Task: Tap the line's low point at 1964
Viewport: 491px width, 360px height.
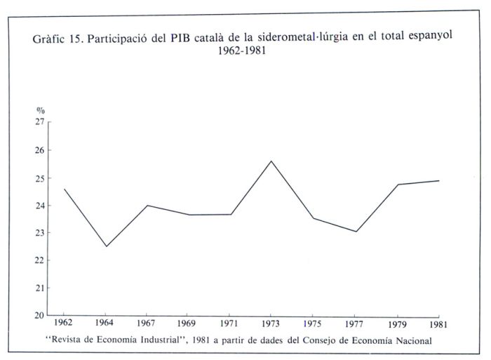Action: [x=106, y=246]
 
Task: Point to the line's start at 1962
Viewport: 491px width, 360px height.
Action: [x=64, y=189]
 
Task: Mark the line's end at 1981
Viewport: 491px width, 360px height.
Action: [x=439, y=181]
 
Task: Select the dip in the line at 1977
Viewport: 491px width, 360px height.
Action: [x=356, y=232]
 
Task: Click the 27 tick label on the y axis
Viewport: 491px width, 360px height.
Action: [x=40, y=122]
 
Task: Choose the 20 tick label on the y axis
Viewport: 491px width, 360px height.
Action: [x=40, y=315]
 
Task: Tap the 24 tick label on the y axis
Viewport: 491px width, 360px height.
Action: [x=40, y=205]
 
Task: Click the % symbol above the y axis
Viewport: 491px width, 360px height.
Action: [x=40, y=111]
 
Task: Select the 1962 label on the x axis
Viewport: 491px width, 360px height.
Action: [x=64, y=325]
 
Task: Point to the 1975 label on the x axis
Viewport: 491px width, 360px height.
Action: [x=314, y=325]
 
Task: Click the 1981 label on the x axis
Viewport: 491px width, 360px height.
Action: [x=439, y=325]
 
